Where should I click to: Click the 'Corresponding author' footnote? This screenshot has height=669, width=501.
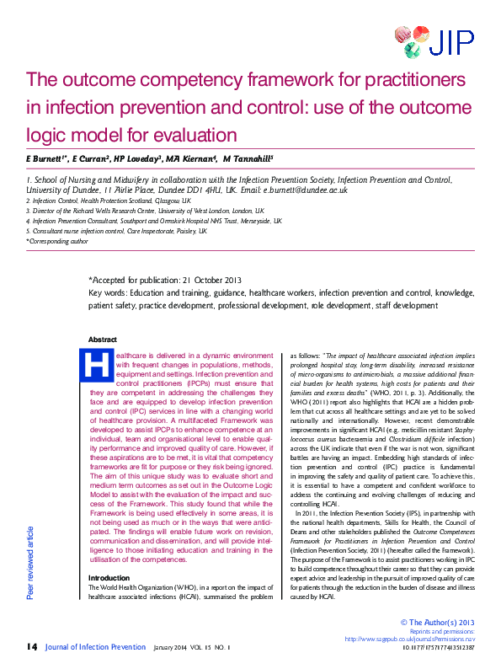pyautogui.click(x=58, y=241)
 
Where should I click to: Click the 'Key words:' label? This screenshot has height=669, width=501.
pyautogui.click(x=107, y=292)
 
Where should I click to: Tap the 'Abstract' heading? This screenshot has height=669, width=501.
pyautogui.click(x=103, y=340)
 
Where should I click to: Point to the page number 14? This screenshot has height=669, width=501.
pyautogui.click(x=31, y=646)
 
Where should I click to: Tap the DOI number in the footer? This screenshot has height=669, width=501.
pyautogui.click(x=440, y=648)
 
